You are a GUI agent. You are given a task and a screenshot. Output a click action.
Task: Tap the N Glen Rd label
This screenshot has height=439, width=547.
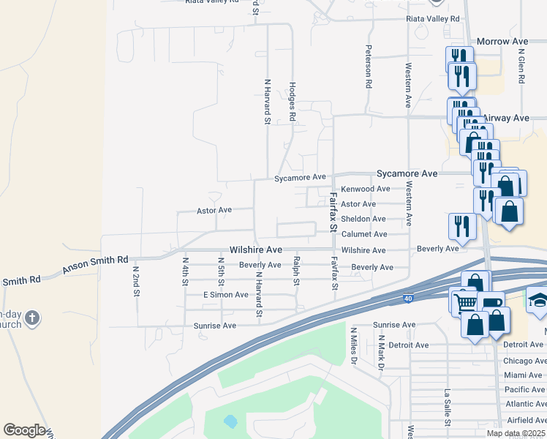click(x=521, y=67)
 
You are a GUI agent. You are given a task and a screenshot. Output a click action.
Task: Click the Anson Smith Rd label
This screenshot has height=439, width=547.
click(x=95, y=265)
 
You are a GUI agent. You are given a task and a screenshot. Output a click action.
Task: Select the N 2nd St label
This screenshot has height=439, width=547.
click(x=136, y=280)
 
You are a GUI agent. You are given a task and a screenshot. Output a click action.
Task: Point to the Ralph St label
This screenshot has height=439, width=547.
click(x=296, y=271)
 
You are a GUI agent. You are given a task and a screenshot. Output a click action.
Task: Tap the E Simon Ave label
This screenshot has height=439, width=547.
click(x=226, y=294)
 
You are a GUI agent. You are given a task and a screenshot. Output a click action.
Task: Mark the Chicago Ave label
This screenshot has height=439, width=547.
click(x=524, y=361)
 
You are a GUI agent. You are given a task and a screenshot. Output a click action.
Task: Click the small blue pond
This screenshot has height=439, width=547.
click(x=230, y=421)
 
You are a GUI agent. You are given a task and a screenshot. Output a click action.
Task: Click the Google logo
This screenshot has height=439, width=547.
click(x=24, y=430)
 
